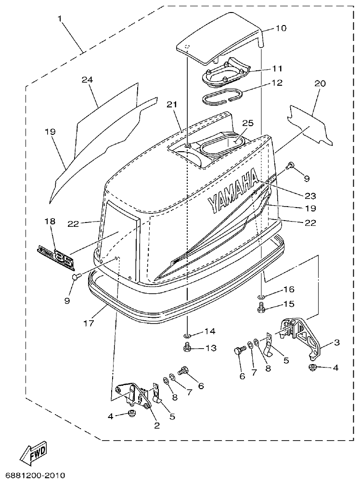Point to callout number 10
pyautogui.click(x=281, y=28)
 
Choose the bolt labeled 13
pyautogui.click(x=188, y=346)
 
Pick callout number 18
pyautogui.click(x=50, y=222)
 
